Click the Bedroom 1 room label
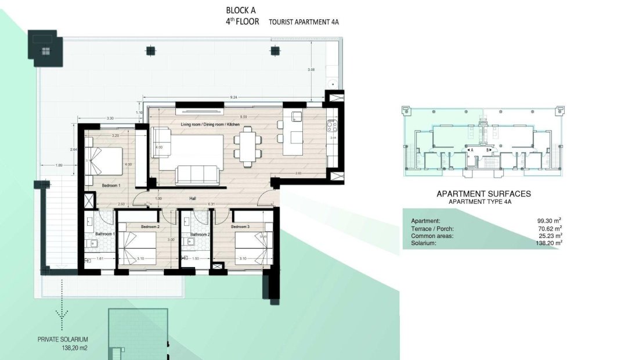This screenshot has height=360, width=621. [110, 185]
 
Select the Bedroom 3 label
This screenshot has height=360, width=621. [240, 226]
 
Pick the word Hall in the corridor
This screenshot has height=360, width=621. [193, 199]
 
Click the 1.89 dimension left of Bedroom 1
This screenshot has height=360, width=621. [59, 165]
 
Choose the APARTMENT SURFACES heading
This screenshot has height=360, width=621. [483, 194]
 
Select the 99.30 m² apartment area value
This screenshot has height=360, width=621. [550, 221]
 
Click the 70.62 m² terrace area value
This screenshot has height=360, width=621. [550, 229]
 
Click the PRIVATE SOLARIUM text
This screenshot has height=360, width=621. [63, 340]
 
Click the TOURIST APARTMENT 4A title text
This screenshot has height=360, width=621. [304, 22]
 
